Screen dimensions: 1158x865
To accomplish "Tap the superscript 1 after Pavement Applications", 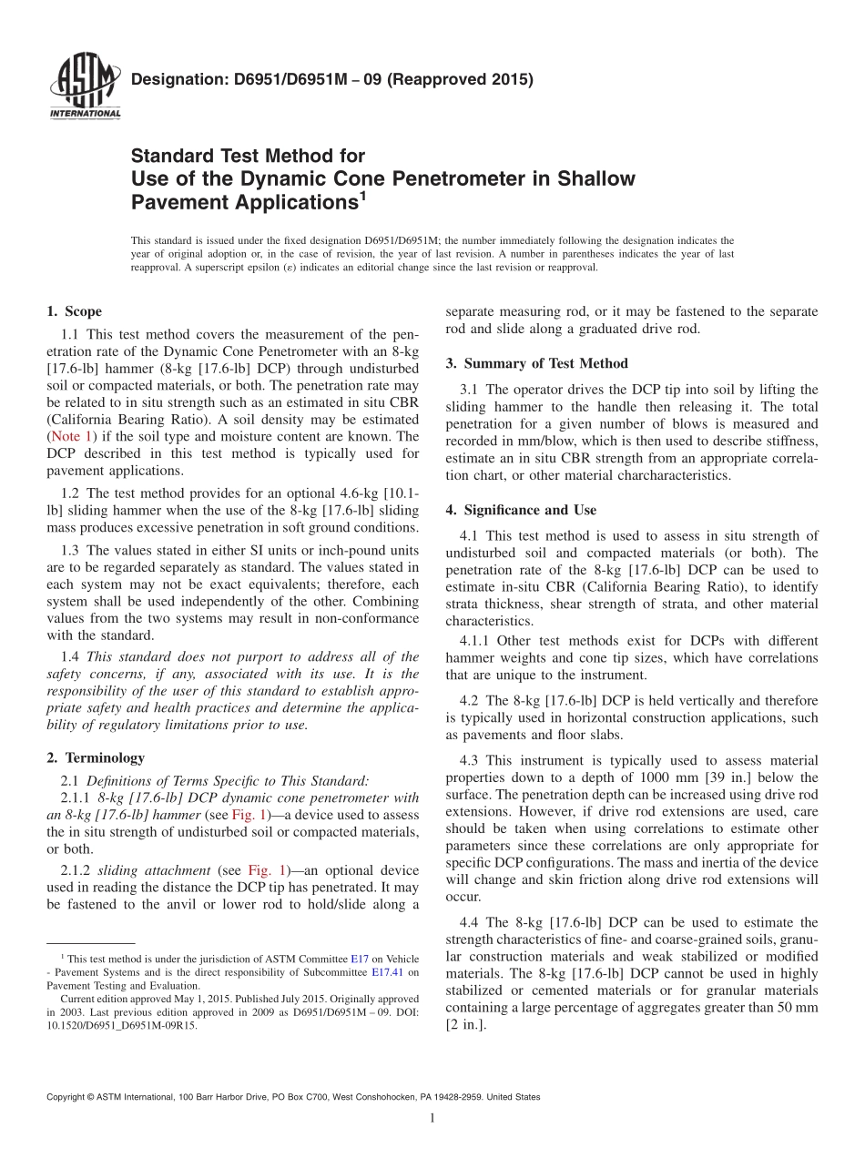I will click(361, 195).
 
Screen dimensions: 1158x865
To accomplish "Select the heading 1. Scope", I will click(74, 311).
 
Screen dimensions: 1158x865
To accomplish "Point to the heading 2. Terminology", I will click(95, 757).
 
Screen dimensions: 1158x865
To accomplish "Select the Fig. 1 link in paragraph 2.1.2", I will click(249, 871).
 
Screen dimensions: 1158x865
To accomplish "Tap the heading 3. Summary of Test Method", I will click(536, 363).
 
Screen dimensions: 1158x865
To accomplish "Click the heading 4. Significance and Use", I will click(521, 510).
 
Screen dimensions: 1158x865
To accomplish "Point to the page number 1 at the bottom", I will click(432, 1119).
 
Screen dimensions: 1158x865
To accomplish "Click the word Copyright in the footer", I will click(66, 1098).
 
